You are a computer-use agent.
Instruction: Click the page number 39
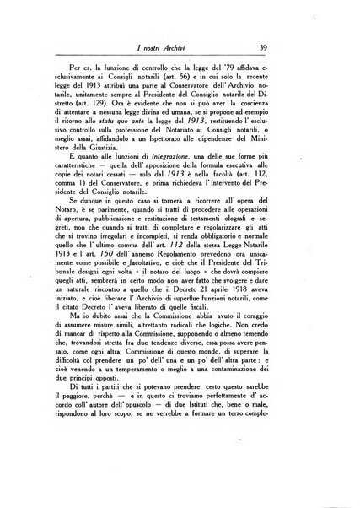pyautogui.click(x=287, y=49)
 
